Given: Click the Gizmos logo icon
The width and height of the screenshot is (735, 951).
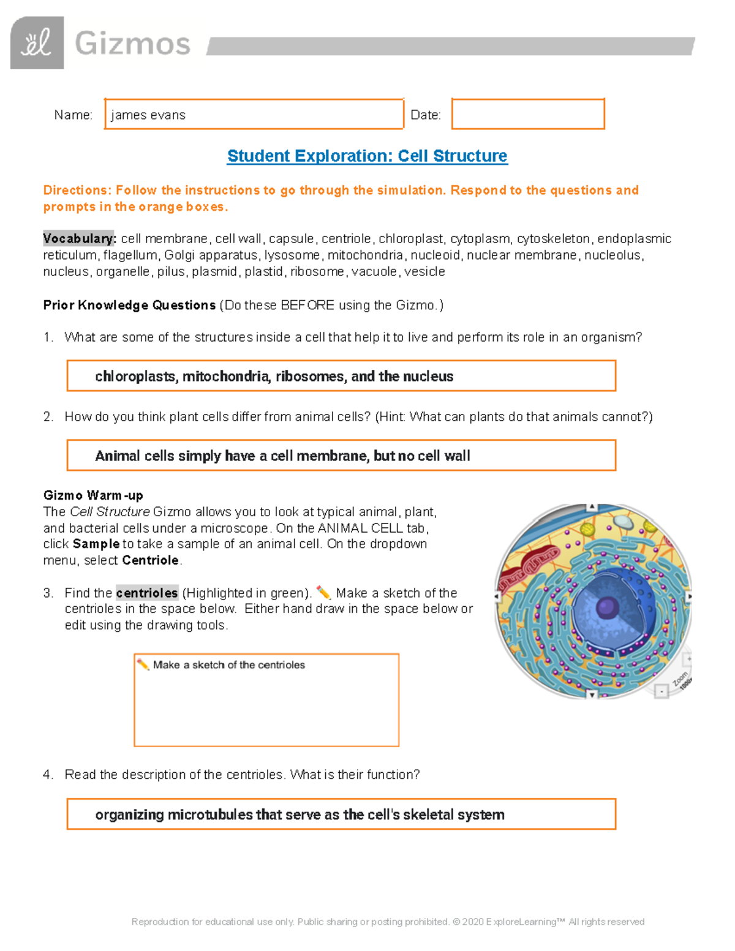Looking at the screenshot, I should (x=37, y=43).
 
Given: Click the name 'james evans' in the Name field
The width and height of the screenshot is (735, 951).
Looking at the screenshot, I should (x=148, y=115).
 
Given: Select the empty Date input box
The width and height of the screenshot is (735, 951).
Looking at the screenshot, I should (x=528, y=114).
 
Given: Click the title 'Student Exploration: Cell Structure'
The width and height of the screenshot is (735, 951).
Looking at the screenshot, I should (x=367, y=156).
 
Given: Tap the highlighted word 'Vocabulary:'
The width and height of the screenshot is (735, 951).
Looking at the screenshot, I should (x=79, y=239).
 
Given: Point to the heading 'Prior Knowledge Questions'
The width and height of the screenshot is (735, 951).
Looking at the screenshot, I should (x=129, y=305).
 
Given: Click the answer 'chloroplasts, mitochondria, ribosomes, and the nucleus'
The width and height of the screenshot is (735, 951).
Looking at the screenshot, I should (x=274, y=377).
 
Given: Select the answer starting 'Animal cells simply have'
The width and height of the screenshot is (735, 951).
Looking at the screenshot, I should (x=282, y=456).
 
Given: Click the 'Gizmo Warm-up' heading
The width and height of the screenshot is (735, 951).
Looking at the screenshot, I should (x=93, y=495).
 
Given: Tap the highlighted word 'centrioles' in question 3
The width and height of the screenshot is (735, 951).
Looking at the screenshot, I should (x=147, y=593).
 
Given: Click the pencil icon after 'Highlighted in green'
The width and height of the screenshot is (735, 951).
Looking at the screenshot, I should (x=323, y=593).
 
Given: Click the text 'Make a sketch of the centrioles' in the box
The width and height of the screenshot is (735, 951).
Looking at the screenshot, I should (x=228, y=665).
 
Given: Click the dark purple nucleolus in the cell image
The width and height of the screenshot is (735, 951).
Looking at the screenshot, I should (x=606, y=607).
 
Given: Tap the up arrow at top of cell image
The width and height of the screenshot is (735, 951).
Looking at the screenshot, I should (x=592, y=507).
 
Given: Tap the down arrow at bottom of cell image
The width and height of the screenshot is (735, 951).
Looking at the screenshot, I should (x=592, y=694).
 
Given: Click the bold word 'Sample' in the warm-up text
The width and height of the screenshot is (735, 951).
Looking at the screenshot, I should (x=96, y=544).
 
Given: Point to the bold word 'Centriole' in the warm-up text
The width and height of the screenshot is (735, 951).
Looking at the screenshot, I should (x=150, y=560).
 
